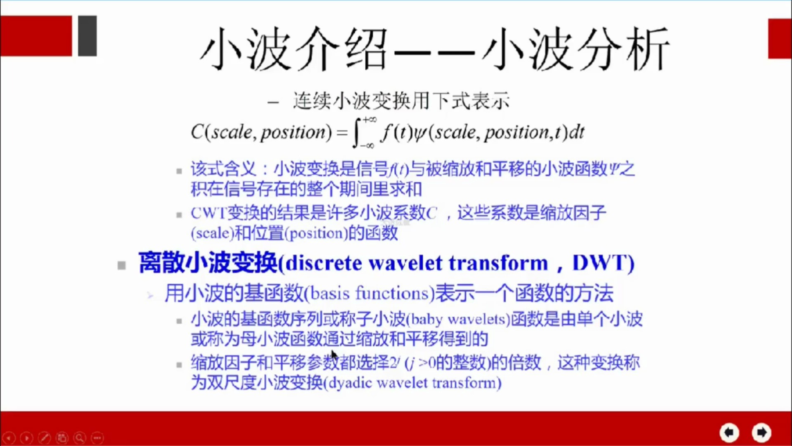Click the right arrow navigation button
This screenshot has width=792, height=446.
tap(761, 432)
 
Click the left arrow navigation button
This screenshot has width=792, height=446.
tap(729, 432)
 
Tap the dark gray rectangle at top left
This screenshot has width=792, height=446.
tap(87, 36)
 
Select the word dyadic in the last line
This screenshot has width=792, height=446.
tap(350, 383)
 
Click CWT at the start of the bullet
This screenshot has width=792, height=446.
tap(208, 213)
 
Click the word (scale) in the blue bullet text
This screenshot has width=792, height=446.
tap(212, 233)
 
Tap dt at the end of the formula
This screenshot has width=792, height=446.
tap(577, 133)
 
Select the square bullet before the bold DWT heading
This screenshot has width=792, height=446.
tap(122, 265)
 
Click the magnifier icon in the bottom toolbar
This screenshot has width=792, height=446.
tap(80, 437)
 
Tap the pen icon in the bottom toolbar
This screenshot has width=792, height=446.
tap(44, 437)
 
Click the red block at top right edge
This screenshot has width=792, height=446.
tap(780, 38)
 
